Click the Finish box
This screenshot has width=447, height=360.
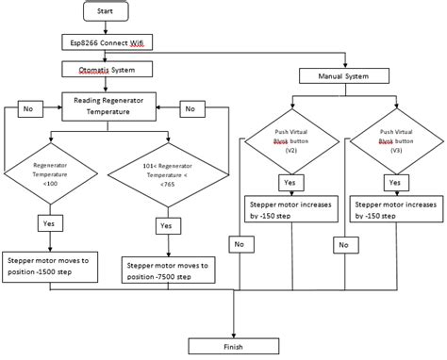click(233, 345)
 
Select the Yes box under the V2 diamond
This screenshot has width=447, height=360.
click(290, 183)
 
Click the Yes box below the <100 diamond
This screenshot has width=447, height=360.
click(49, 223)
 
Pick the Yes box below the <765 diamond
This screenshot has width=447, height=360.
click(166, 226)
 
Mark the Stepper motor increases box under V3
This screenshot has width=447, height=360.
click(394, 209)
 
